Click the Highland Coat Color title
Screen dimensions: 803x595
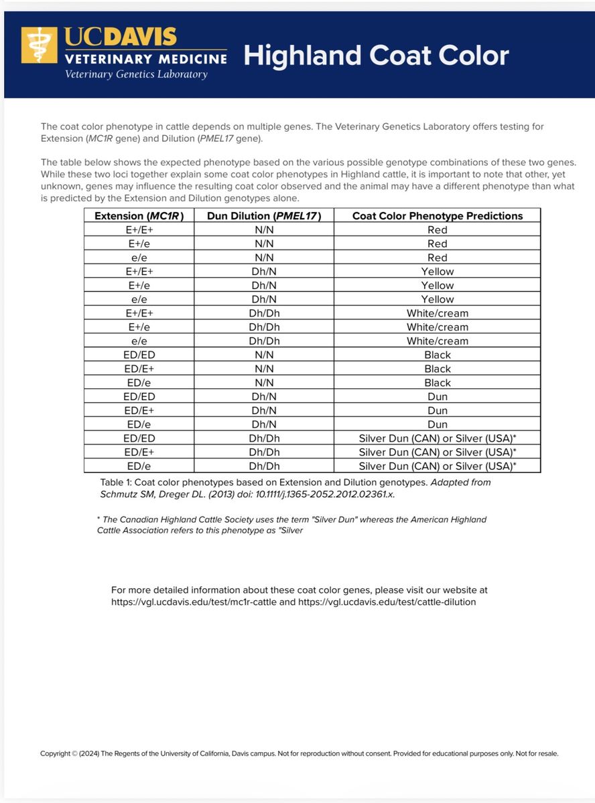click(x=376, y=56)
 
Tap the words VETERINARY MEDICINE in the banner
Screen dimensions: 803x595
click(x=146, y=59)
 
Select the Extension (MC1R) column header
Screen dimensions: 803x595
click(x=139, y=215)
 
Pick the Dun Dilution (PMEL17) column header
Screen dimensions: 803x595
click(x=264, y=215)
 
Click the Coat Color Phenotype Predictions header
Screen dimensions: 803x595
click(x=437, y=215)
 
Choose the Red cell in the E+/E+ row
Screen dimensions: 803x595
click(x=437, y=230)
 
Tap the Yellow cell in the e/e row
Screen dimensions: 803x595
click(x=437, y=299)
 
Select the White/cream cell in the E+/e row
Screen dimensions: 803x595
click(x=437, y=327)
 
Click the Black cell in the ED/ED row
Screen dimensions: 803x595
click(x=437, y=355)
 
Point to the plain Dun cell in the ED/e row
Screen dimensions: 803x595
click(x=437, y=424)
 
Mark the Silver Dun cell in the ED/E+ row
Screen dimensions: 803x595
click(x=437, y=452)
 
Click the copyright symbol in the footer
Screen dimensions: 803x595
click(x=74, y=753)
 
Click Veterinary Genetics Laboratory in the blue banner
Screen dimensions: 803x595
click(x=136, y=74)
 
